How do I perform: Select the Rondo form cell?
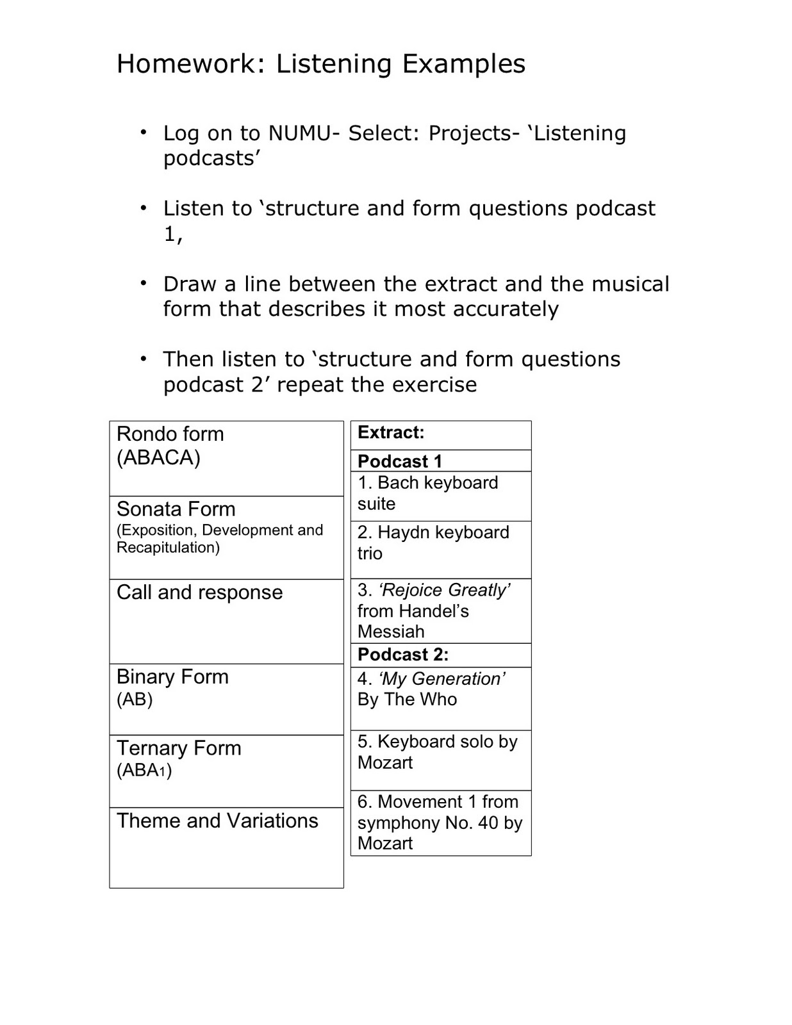coord(226,458)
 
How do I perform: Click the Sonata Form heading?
coord(176,509)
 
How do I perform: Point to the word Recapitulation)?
coord(168,548)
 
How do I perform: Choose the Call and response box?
coord(226,621)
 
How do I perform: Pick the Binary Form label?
coord(172,677)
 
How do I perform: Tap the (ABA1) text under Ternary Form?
coord(144,770)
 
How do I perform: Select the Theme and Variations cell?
coord(226,847)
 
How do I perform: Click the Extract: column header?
coord(391,433)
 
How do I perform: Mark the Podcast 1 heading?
coord(400,461)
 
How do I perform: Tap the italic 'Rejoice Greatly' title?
coord(444,590)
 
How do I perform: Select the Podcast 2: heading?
coord(403,655)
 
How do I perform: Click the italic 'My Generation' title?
coord(442,679)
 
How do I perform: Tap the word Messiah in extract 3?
coord(391,632)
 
